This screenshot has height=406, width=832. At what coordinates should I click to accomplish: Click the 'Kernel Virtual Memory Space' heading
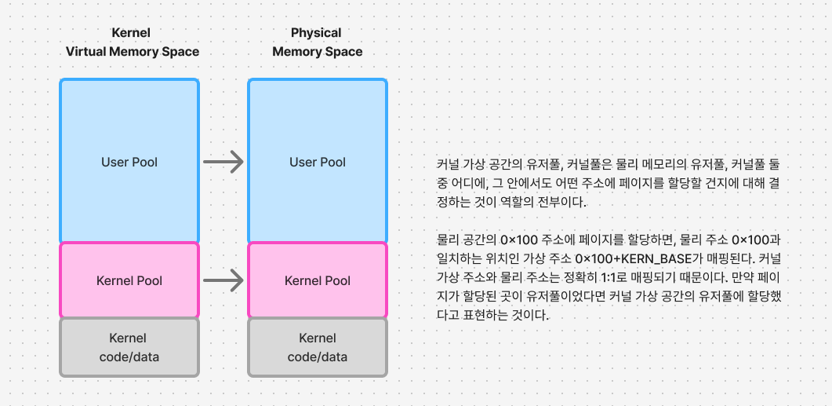132,42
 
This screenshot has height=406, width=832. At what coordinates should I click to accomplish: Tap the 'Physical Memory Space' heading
317,42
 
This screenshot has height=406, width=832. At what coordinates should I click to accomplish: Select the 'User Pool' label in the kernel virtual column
129,163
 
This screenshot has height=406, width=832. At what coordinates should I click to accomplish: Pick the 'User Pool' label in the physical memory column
318,163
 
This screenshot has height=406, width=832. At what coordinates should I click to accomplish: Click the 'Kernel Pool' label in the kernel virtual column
129,280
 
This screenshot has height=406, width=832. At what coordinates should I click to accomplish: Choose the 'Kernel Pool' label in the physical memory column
318,280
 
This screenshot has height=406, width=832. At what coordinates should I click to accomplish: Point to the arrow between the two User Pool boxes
223,163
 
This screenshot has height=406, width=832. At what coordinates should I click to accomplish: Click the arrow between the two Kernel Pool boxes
223,279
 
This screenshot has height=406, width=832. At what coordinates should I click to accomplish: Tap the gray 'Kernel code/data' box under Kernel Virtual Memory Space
129,346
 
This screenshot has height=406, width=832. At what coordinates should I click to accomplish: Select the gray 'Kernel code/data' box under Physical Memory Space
318,346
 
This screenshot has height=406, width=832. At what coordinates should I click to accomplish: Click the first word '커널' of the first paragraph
448,165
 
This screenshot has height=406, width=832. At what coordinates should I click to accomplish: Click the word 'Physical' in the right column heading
316,33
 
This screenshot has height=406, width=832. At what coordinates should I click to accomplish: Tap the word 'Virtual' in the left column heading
86,52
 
